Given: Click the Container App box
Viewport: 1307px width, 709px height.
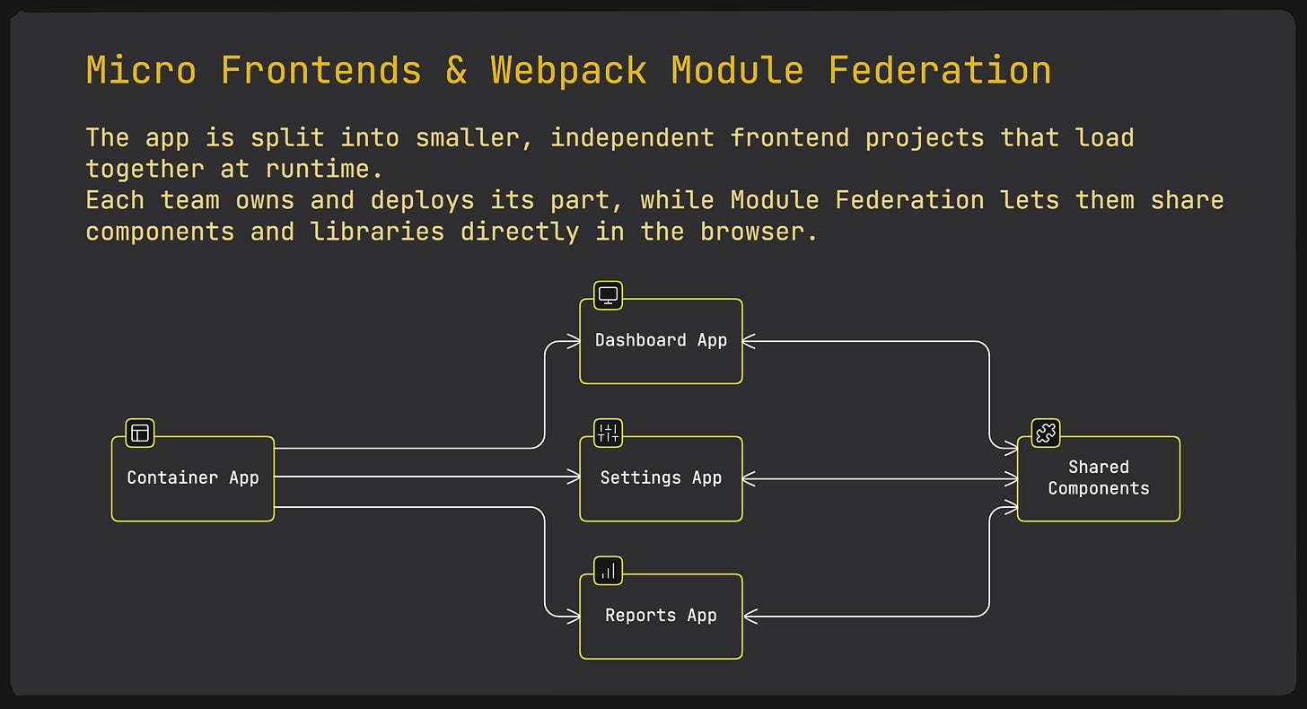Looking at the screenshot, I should [x=192, y=478].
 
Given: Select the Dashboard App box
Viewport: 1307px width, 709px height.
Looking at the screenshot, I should [x=661, y=341].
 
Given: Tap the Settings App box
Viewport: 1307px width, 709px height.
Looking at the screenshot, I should [x=661, y=478].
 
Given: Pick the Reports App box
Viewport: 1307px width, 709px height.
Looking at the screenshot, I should [x=661, y=616].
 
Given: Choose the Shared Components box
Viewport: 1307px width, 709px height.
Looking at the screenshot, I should [x=1098, y=478].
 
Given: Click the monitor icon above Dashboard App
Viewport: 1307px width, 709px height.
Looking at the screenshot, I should [x=608, y=295].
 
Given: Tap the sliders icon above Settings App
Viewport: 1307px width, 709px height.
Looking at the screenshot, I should [x=608, y=433].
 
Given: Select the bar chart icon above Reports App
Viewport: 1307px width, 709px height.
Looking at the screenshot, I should [x=608, y=570].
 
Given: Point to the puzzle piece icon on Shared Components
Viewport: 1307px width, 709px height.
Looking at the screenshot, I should [x=1045, y=433].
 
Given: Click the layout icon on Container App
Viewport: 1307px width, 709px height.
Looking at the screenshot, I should [x=139, y=433].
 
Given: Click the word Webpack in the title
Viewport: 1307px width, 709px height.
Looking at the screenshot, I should [x=568, y=70].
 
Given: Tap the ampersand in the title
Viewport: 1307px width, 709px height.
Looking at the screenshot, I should [x=456, y=70].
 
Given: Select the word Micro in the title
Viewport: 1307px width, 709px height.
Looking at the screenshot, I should [x=141, y=70].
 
